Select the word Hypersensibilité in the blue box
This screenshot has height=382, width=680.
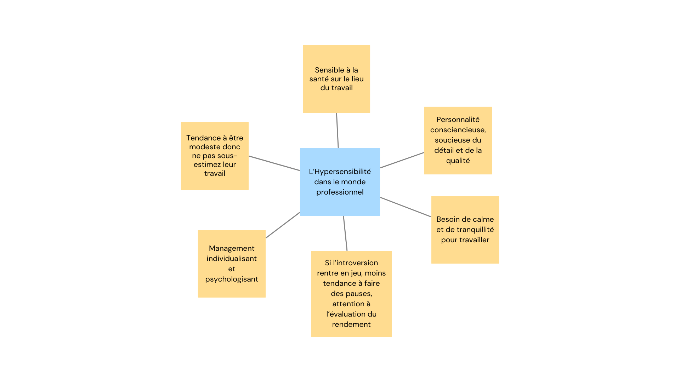point(342,172)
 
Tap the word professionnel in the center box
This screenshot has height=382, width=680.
point(340,192)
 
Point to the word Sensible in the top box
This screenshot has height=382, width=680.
point(329,70)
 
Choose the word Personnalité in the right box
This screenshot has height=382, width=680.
point(458,120)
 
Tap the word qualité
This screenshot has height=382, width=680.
point(458,161)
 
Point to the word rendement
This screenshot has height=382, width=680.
point(351,324)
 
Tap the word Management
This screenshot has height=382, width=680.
point(232,248)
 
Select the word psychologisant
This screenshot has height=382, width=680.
point(232,279)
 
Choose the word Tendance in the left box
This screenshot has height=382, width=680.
point(203,138)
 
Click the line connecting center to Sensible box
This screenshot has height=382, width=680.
point(337,131)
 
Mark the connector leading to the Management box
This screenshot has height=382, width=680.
point(283,225)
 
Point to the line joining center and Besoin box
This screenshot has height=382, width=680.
point(406,207)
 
